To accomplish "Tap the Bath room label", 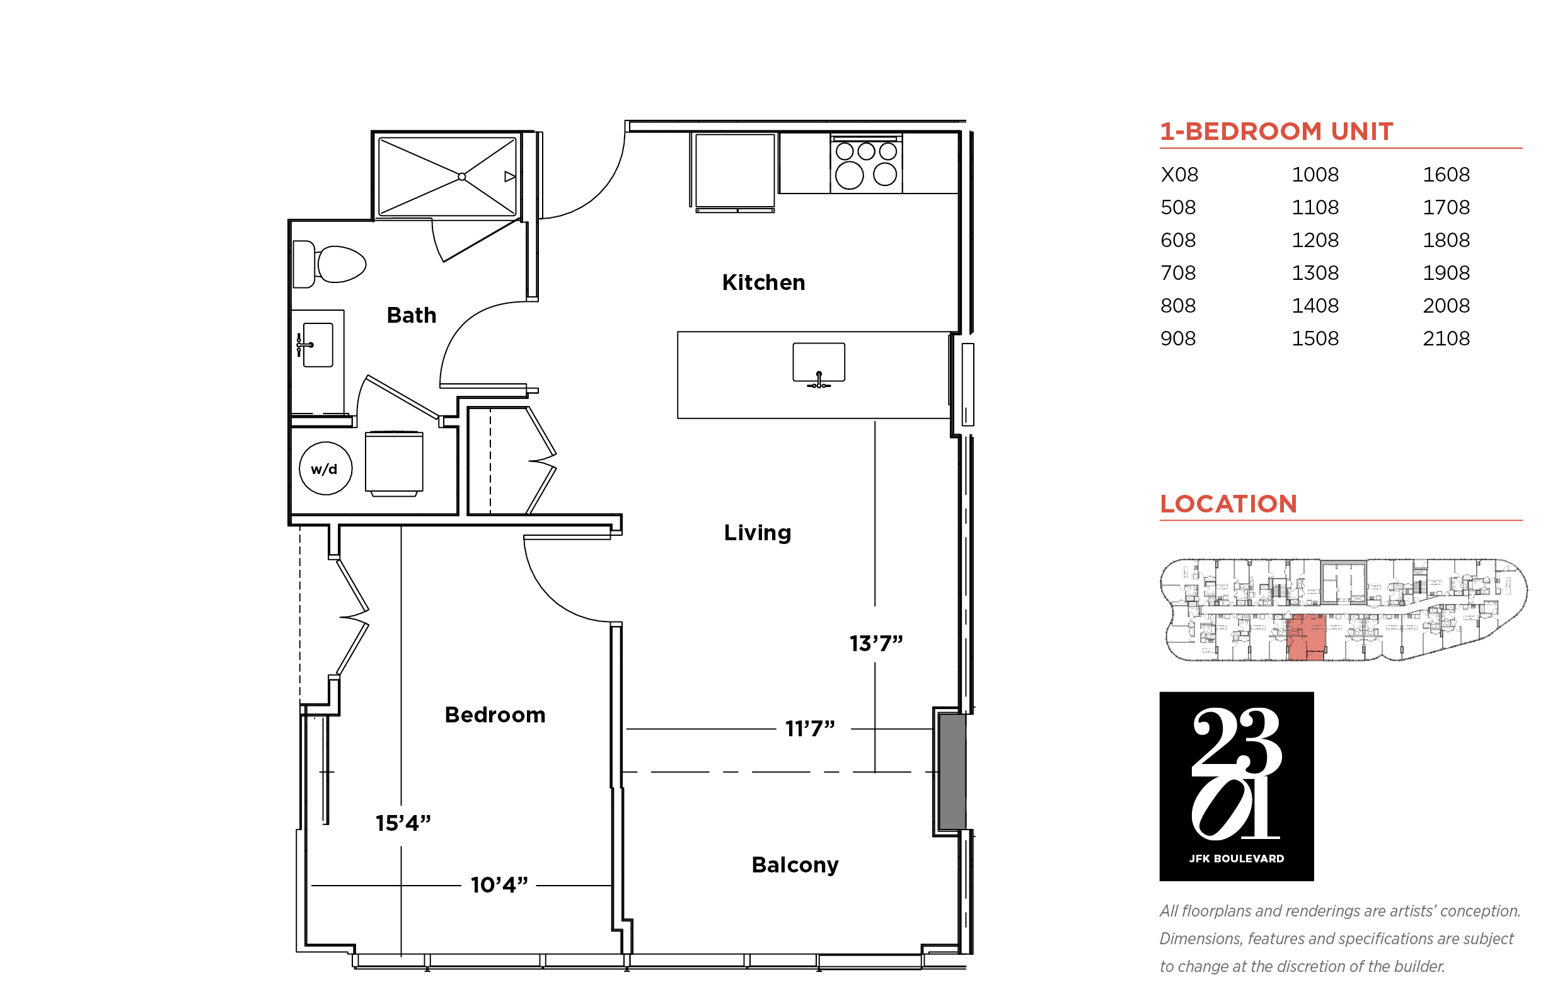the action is [412, 315].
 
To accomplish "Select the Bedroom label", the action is [495, 715].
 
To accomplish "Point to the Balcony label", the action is [795, 865].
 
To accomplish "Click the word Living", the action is [757, 533].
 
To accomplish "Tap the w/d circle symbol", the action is [326, 468].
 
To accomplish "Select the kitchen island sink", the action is [818, 364].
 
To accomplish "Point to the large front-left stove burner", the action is [849, 175].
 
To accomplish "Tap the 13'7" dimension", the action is [876, 644].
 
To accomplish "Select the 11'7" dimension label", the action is [810, 729].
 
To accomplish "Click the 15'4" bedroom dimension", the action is [403, 823].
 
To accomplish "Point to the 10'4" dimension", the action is [499, 885].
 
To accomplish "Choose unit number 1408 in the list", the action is [1315, 306].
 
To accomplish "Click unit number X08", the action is [1179, 174].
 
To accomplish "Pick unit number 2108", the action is [1446, 338].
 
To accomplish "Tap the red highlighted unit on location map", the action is [1305, 637].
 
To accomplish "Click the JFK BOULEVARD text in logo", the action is [1236, 859].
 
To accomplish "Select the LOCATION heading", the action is [1228, 504].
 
